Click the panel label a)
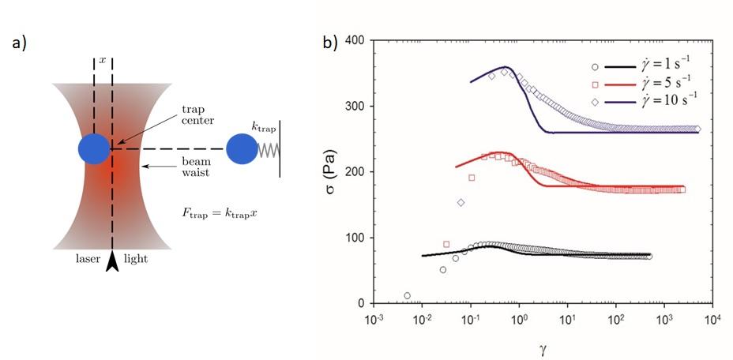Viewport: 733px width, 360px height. [x=19, y=43]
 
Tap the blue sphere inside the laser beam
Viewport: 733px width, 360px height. [x=93, y=148]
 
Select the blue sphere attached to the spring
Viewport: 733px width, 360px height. [x=241, y=148]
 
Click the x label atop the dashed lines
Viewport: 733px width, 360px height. [x=101, y=60]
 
